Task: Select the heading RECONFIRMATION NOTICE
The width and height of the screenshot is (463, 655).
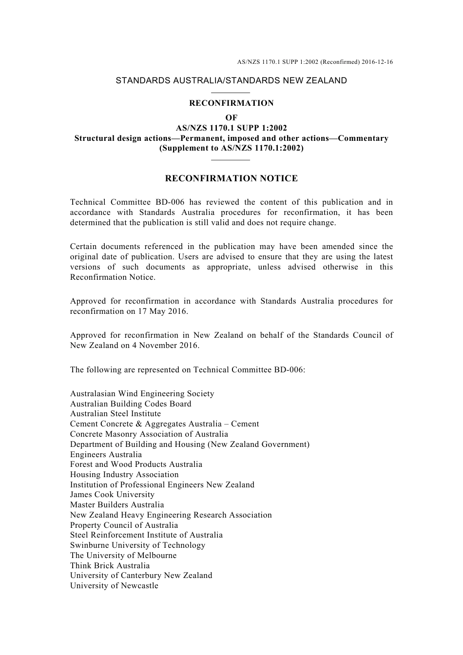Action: [x=231, y=178]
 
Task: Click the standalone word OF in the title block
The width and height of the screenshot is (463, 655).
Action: [x=231, y=117]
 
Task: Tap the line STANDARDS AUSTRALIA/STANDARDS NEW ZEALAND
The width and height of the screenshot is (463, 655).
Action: [x=231, y=80]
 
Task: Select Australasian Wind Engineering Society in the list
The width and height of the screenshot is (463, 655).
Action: [x=142, y=394]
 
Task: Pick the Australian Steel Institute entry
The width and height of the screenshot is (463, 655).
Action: [x=116, y=414]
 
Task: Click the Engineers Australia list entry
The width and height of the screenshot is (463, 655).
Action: [x=106, y=454]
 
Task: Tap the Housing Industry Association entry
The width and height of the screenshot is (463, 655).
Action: [x=124, y=475]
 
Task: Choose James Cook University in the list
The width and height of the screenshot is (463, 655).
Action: [x=112, y=495]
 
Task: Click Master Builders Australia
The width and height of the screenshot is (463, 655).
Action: [x=117, y=505]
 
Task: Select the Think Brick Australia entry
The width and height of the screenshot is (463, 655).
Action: [x=110, y=566]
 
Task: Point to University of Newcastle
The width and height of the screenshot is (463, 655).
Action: [x=114, y=586]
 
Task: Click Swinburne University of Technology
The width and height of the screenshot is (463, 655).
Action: [x=137, y=545]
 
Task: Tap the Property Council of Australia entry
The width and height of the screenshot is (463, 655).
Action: [x=124, y=525]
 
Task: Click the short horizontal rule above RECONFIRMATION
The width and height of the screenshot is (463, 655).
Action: [x=231, y=93]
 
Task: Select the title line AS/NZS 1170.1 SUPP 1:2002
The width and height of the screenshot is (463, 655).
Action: [x=231, y=128]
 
